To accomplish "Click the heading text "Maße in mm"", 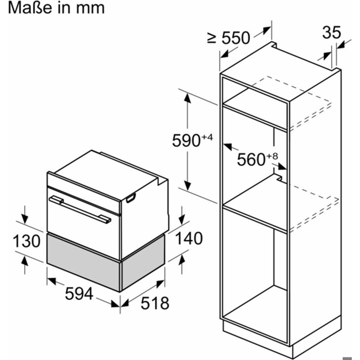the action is (56, 8).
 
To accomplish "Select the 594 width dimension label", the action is (79, 294).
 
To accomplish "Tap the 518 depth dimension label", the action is (155, 303).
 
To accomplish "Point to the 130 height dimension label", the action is (26, 241).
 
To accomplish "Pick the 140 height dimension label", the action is (189, 238).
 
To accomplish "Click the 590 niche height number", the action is (186, 141).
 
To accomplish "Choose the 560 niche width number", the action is (251, 160).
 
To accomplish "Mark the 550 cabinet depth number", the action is (236, 38).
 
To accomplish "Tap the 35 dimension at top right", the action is (331, 32).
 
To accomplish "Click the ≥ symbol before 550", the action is (212, 38).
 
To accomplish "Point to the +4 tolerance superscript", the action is (208, 137).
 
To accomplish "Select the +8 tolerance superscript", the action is (272, 157).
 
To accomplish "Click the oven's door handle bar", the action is (80, 209).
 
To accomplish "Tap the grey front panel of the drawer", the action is (84, 262).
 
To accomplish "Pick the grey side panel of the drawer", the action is (143, 262).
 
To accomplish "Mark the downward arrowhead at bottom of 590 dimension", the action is (188, 186).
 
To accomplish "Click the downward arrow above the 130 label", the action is (25, 215).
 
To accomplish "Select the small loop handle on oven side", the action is (131, 198).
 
